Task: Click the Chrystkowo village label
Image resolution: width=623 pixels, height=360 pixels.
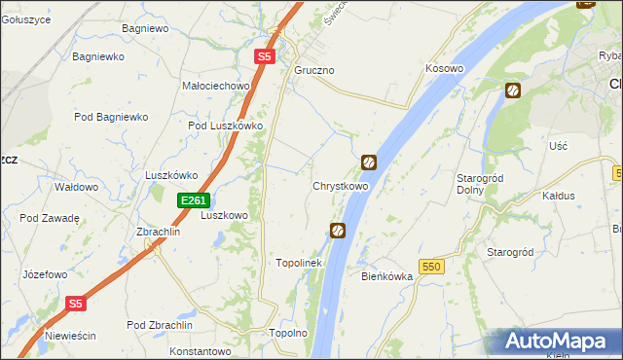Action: pos(340,186)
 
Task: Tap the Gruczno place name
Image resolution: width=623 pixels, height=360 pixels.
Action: pos(314,71)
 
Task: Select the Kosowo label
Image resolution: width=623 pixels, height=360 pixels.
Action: pos(444,69)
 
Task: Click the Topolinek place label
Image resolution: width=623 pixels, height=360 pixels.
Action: pos(299,263)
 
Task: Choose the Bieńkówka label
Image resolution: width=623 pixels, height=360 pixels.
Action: pos(387,276)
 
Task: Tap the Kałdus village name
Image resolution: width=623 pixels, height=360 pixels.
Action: pos(558,196)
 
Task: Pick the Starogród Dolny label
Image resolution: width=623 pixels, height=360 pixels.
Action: pos(478,184)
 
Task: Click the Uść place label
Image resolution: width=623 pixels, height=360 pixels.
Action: pos(558,145)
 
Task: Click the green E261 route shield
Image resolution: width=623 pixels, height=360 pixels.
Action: pos(193,200)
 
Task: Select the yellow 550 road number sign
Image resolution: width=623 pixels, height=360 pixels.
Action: pos(432,266)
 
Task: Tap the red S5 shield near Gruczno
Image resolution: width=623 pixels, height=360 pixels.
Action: pos(265,57)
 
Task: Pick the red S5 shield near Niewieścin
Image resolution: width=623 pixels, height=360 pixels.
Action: pos(77,304)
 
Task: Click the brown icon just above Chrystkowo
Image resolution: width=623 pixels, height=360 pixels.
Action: pos(369,162)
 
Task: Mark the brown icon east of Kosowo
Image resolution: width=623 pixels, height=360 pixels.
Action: pos(512,91)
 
